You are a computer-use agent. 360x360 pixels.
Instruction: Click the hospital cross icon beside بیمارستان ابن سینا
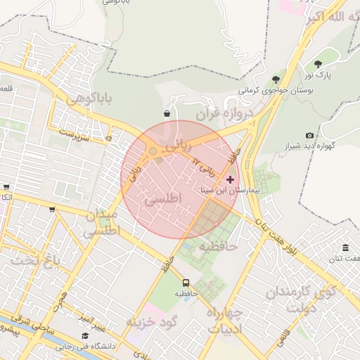tap(230, 179)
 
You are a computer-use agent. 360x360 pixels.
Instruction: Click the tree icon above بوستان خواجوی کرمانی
tap(275, 79)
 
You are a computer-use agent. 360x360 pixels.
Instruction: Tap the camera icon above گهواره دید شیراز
tap(309, 135)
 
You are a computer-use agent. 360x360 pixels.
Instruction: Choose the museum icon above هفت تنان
tap(345, 247)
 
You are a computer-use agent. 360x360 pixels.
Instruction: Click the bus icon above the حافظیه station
tap(186, 283)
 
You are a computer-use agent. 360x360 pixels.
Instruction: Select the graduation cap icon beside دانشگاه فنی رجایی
tap(85, 335)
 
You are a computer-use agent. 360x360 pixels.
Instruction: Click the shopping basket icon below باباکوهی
tap(167, 113)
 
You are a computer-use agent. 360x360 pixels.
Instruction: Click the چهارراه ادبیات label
tap(225, 319)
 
